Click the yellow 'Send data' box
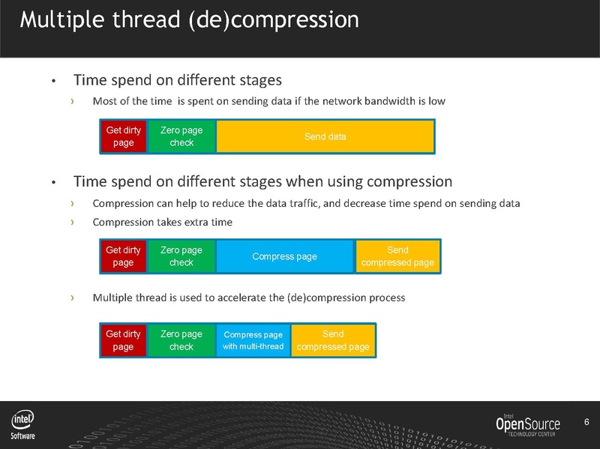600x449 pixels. click(325, 136)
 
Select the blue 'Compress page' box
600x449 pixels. click(284, 256)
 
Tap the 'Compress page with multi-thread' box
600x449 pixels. click(253, 340)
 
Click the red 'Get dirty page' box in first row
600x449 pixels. click(123, 136)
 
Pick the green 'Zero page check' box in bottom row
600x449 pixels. click(181, 340)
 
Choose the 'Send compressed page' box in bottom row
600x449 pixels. click(332, 340)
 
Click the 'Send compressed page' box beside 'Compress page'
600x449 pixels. click(397, 256)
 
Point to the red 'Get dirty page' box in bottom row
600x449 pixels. click(123, 340)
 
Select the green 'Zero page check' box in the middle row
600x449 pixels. click(181, 256)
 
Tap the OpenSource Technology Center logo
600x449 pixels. click(527, 425)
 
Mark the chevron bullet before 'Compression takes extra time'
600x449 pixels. click(73, 222)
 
